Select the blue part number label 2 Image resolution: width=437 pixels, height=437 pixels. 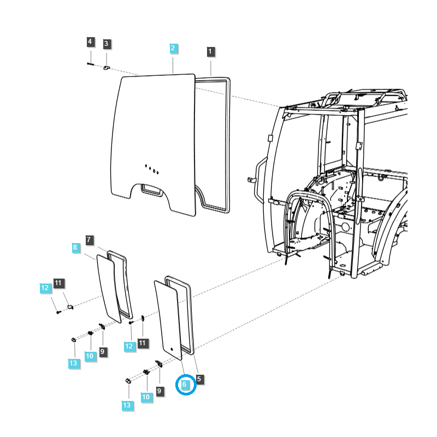pyautogui.click(x=173, y=48)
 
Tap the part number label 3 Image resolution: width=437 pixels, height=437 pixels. pyautogui.click(x=107, y=43)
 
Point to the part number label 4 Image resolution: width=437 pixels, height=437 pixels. pyautogui.click(x=90, y=42)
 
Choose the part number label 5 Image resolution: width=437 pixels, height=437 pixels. pyautogui.click(x=199, y=379)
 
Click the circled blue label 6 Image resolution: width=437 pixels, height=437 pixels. pyautogui.click(x=185, y=385)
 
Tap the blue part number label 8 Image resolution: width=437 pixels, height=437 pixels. pyautogui.click(x=75, y=247)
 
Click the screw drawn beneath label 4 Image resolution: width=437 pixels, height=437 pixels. pyautogui.click(x=91, y=64)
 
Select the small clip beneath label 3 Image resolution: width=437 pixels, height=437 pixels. pyautogui.click(x=107, y=67)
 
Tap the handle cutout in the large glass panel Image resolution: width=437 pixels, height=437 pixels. pyautogui.click(x=152, y=190)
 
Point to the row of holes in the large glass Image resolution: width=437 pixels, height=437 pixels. pyautogui.click(x=151, y=169)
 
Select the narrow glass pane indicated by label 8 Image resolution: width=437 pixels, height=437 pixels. pyautogui.click(x=109, y=287)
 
